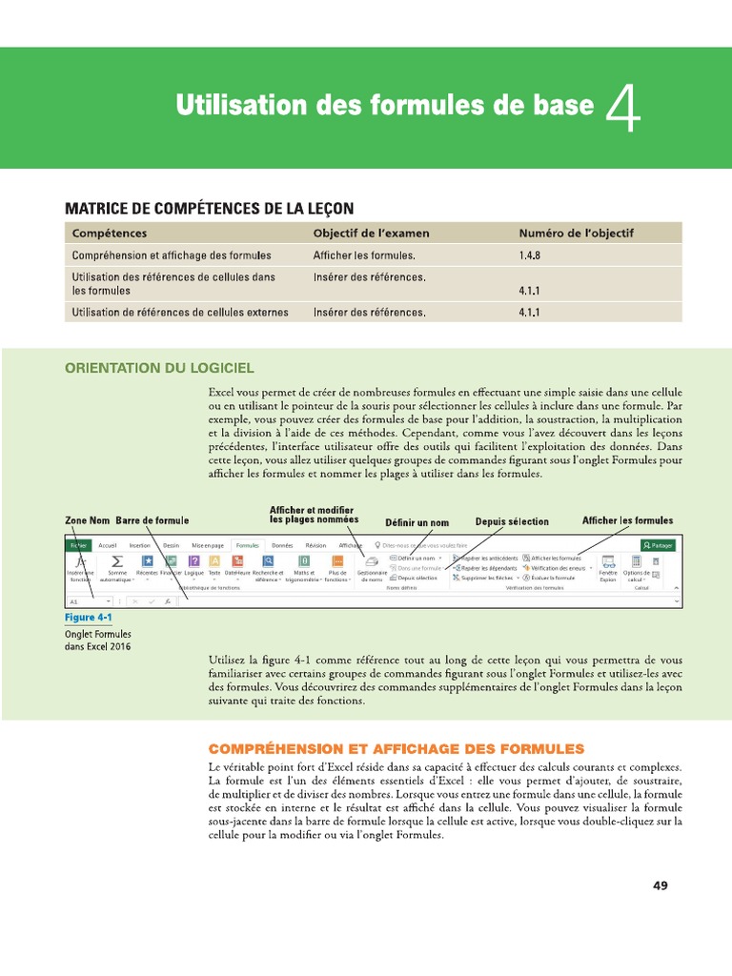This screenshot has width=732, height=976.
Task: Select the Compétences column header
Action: [110, 233]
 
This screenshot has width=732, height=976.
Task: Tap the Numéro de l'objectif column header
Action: [576, 233]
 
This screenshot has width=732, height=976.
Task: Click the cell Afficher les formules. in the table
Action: [364, 255]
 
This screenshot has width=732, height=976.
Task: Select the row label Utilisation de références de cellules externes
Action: [177, 312]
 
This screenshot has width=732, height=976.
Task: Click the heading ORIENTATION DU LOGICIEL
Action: [159, 368]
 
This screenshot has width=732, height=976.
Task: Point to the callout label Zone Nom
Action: [87, 521]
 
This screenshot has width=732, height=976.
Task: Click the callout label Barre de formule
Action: [152, 521]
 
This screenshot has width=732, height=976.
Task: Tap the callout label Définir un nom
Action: [417, 522]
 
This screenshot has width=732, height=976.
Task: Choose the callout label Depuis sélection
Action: [512, 522]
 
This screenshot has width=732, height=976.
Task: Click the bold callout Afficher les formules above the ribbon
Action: [627, 520]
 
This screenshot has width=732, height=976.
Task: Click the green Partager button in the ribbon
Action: [658, 545]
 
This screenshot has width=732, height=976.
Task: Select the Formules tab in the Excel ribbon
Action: [248, 545]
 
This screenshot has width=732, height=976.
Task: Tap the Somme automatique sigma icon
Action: [117, 561]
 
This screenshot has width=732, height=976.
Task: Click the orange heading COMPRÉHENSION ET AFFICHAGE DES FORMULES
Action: [396, 749]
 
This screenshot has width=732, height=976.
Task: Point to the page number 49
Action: [660, 885]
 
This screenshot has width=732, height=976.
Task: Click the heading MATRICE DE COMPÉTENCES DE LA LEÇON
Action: [209, 208]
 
